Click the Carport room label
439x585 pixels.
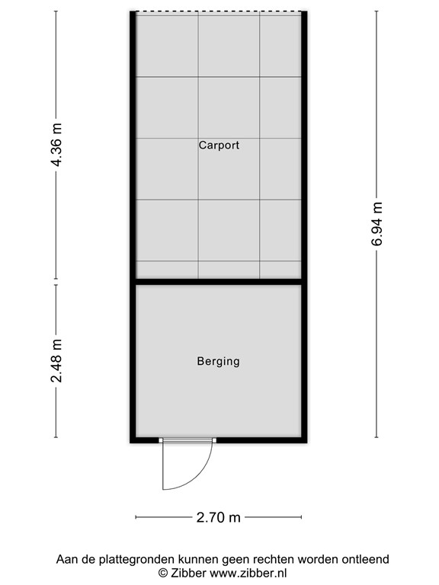point(219,145)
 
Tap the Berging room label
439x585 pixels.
point(218,361)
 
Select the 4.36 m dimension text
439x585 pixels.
point(56,145)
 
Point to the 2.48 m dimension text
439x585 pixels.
point(56,360)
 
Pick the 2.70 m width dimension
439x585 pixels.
point(219,518)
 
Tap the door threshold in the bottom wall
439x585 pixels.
point(187,440)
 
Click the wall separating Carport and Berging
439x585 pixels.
point(219,282)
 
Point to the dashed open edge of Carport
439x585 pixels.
point(219,12)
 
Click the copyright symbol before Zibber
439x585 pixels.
point(162,572)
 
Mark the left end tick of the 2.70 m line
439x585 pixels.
point(136,518)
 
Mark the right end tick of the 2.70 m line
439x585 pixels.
point(303,518)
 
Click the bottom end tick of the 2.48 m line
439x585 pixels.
point(56,437)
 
